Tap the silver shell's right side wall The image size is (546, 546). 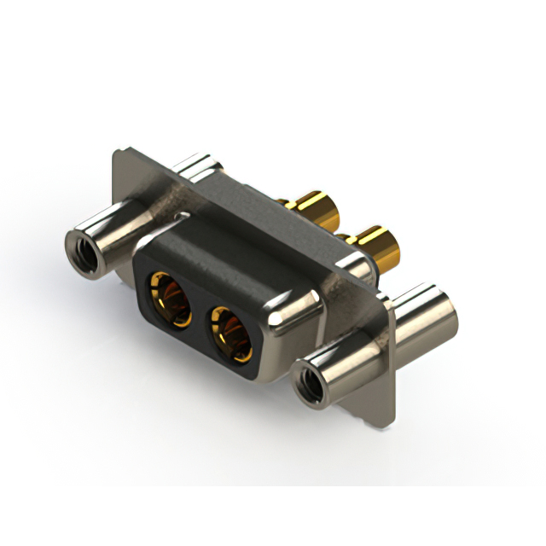pyautogui.click(x=299, y=328)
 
